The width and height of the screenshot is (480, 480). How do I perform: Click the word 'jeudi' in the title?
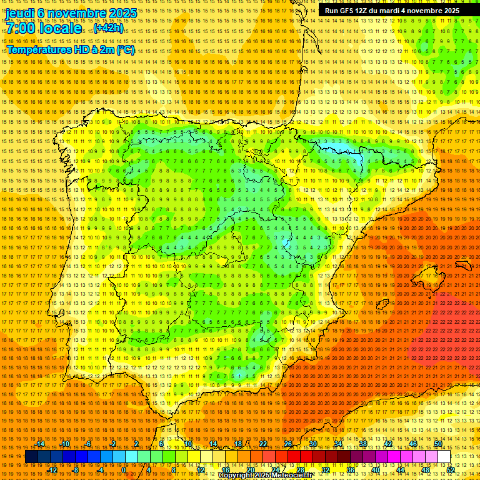(19, 13)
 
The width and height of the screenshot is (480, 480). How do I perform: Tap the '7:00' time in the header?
(22, 29)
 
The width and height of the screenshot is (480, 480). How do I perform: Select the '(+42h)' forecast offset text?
(108, 29)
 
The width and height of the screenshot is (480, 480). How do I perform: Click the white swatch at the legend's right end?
(444, 457)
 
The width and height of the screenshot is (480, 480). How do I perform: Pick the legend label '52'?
(451, 469)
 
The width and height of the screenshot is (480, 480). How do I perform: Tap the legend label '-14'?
(40, 444)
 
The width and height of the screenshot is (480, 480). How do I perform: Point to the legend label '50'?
(438, 444)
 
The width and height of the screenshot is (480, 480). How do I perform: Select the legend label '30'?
(313, 444)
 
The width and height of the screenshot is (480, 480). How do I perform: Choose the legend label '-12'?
(52, 469)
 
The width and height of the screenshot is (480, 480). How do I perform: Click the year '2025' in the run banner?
(449, 11)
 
